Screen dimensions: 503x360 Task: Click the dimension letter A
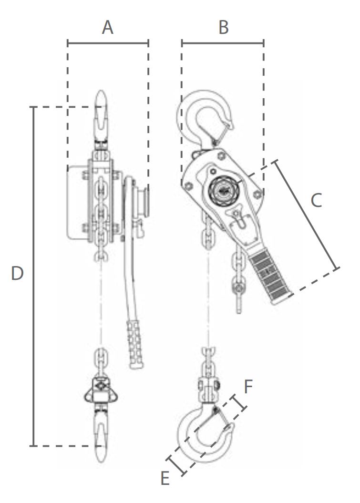(x=108, y=28)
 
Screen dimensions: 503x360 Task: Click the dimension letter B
(x=223, y=28)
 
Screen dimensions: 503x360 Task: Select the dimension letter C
(x=316, y=200)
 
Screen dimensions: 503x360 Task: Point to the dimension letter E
(x=165, y=478)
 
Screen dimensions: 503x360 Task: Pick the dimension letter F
(x=248, y=387)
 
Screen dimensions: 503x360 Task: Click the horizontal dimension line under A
(x=108, y=43)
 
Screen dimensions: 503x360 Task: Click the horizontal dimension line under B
(x=223, y=43)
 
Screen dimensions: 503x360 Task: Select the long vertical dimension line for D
(x=33, y=277)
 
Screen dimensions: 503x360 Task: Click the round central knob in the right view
(x=223, y=189)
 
